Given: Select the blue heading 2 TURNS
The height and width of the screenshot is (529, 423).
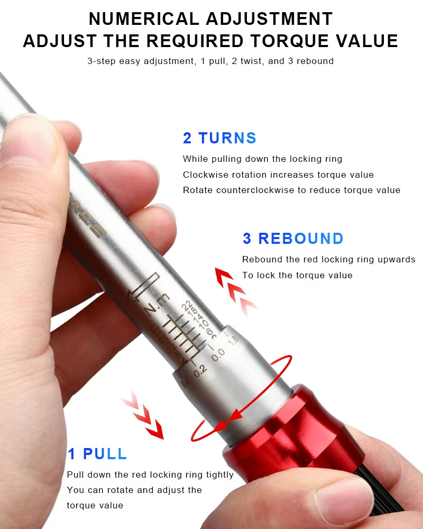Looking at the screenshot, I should tap(219, 138).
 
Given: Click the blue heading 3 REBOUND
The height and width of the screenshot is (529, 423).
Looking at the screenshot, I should tap(293, 239).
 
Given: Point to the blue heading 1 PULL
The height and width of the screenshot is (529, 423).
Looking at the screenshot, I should tap(97, 454).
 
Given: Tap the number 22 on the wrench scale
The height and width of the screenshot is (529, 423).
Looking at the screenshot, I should tap(186, 306).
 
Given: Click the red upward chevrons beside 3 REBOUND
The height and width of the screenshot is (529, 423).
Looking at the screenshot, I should tap(235, 289).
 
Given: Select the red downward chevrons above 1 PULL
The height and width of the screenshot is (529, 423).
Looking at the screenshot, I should tap(143, 415).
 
